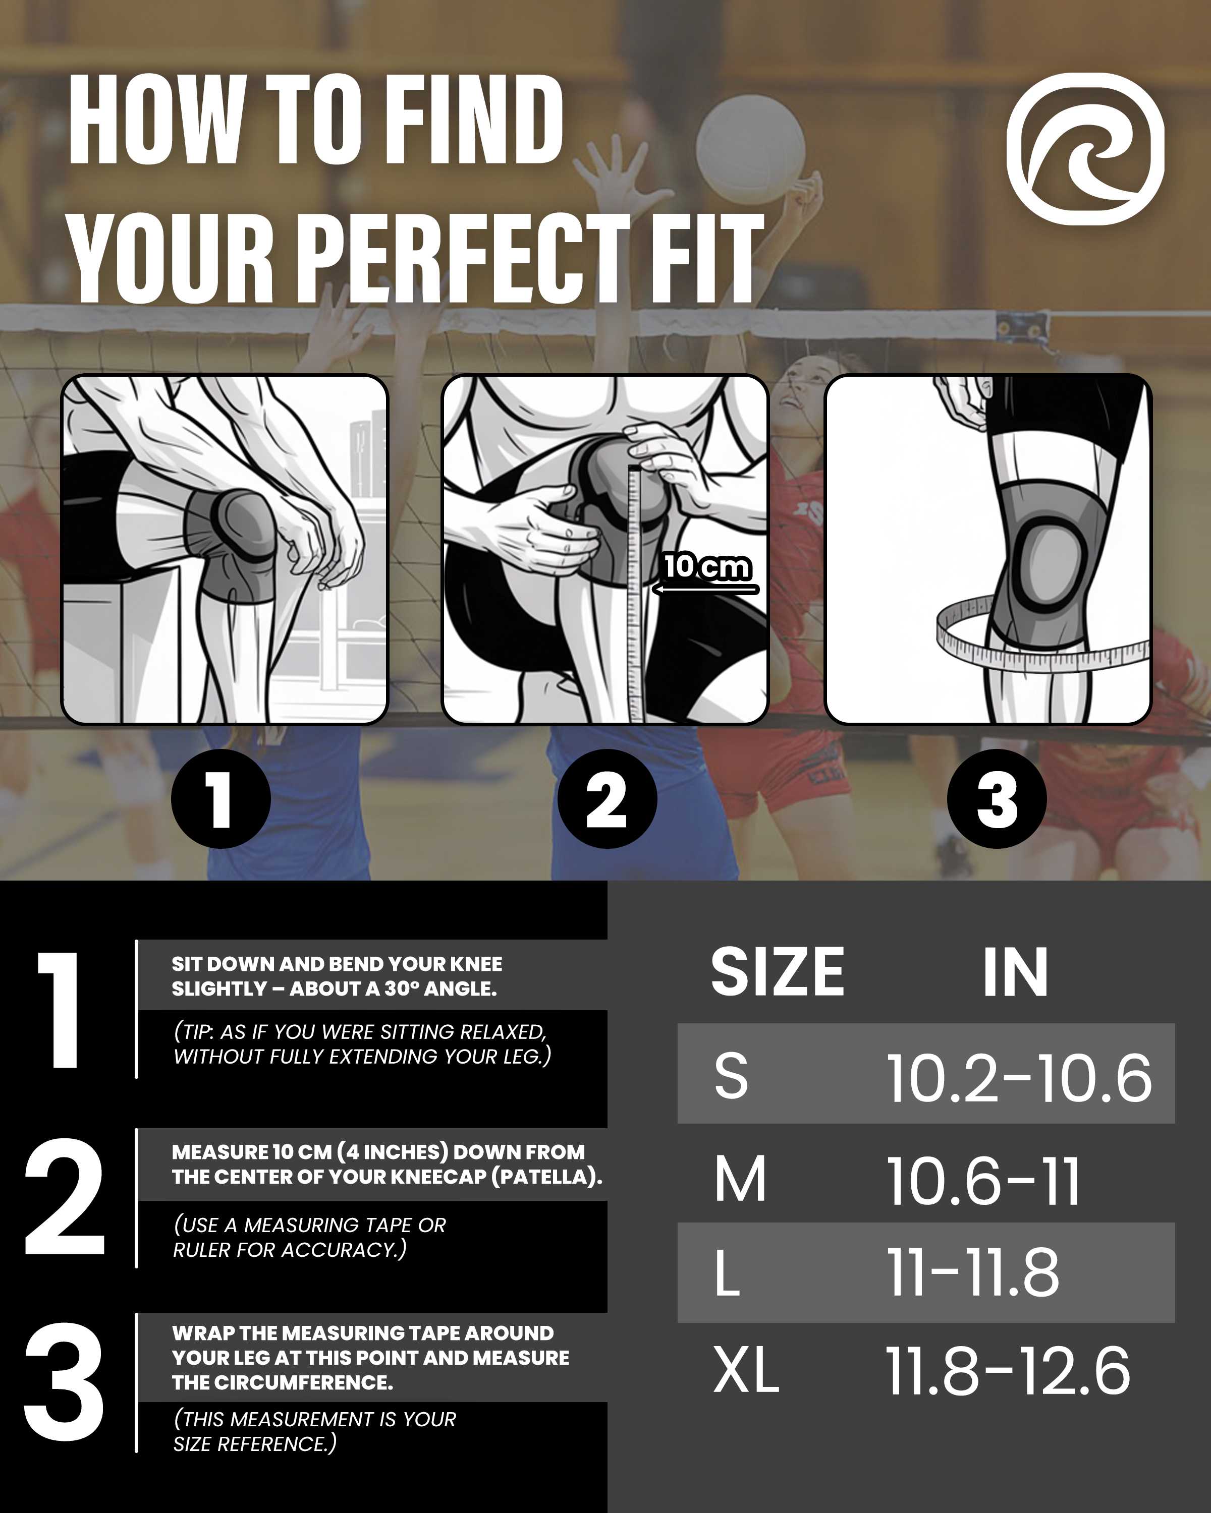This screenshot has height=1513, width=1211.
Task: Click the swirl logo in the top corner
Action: click(1085, 149)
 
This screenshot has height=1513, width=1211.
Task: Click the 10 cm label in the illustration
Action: click(707, 566)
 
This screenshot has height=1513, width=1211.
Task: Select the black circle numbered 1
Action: click(221, 798)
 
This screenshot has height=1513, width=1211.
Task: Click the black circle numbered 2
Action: click(607, 798)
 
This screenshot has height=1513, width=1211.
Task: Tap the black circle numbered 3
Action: click(996, 798)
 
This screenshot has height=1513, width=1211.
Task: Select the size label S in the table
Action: click(731, 1075)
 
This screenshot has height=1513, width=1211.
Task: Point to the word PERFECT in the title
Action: click(468, 258)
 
